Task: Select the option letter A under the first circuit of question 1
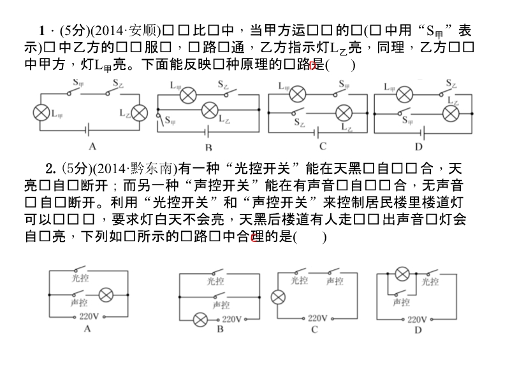click(x=92, y=147)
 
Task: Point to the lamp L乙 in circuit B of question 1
click(x=210, y=111)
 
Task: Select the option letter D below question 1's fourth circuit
click(x=419, y=147)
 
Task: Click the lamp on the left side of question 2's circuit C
click(x=277, y=297)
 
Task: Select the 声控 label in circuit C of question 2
click(x=333, y=281)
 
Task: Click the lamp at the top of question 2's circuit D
click(x=401, y=274)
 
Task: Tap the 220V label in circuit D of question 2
click(x=417, y=318)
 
